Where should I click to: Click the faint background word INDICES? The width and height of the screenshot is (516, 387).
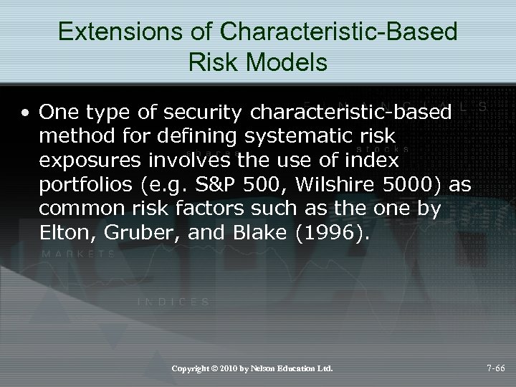pyautogui.click(x=174, y=302)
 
